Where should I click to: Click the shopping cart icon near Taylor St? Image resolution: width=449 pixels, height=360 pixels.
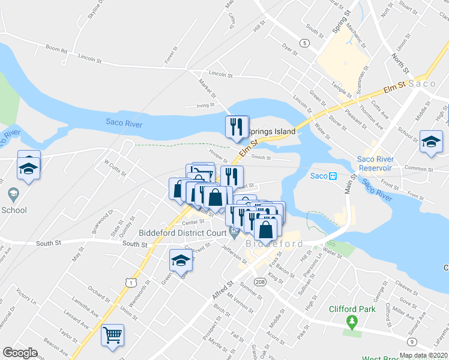coord(112,335)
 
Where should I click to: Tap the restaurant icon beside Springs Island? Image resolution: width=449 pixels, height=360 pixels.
coord(237,127)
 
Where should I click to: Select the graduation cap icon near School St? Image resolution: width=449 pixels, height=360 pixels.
coord(430,142)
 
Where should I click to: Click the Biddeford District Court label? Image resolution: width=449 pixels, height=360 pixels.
coord(181,233)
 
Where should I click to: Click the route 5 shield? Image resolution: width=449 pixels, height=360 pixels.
coord(306,43)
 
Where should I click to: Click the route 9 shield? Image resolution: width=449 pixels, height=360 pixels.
coord(412,342)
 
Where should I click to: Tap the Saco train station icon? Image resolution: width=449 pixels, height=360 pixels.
coord(332,176)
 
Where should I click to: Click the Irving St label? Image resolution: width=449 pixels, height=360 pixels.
coord(205,105)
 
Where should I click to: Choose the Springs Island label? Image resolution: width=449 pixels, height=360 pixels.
coord(272,131)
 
